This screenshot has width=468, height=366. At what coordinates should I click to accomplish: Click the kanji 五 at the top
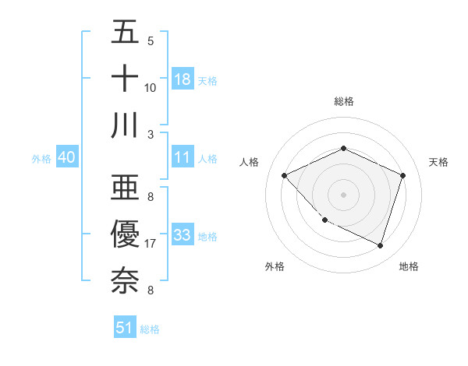tap(126, 33)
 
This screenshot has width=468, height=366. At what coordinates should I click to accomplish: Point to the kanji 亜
tap(126, 187)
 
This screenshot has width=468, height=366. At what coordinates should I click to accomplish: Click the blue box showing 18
tap(183, 79)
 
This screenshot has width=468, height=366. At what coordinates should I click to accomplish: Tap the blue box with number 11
tap(183, 157)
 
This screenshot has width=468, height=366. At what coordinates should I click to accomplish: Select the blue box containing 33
tap(183, 234)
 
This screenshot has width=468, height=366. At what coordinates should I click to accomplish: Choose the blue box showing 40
tap(66, 157)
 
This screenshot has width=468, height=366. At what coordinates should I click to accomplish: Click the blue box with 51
tap(125, 328)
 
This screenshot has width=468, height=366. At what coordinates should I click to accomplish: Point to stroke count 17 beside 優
tap(151, 245)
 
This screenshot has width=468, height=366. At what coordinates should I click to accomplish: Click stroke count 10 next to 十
tap(151, 88)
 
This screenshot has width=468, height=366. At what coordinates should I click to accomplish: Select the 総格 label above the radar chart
tap(343, 102)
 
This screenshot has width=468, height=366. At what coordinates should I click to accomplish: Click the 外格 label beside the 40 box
tap(41, 158)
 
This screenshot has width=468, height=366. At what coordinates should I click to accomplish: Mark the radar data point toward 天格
tap(403, 175)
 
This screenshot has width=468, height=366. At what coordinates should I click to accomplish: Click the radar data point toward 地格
tap(381, 246)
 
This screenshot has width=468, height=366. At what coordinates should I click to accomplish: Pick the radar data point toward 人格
tap(285, 176)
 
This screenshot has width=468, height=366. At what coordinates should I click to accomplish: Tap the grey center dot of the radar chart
tap(343, 195)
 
